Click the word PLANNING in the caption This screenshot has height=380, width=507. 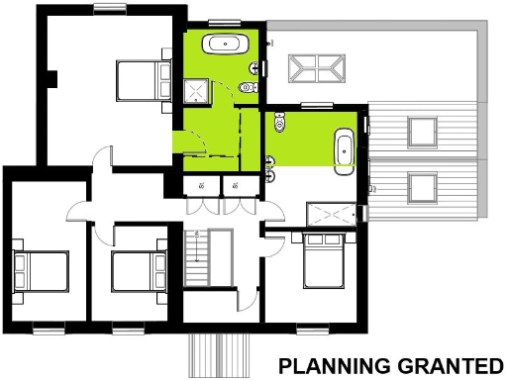tap(327, 365)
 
